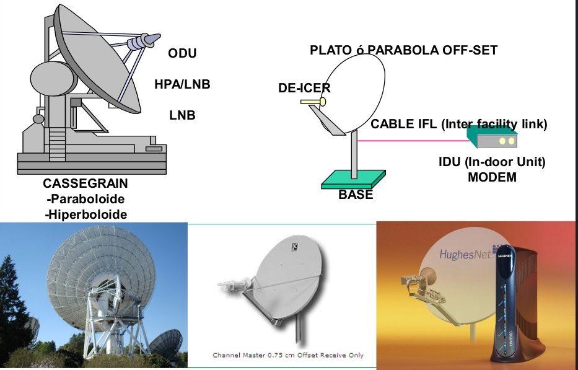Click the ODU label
[x=182, y=53]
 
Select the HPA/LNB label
[x=182, y=84]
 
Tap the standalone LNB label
[x=182, y=115]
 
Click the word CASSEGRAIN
[x=85, y=184]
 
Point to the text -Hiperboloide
[x=86, y=214]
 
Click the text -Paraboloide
[x=85, y=200]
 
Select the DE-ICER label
[x=304, y=88]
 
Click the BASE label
[x=356, y=195]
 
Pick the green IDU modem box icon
[x=493, y=138]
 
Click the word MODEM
[x=493, y=177]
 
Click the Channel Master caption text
[x=288, y=355]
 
